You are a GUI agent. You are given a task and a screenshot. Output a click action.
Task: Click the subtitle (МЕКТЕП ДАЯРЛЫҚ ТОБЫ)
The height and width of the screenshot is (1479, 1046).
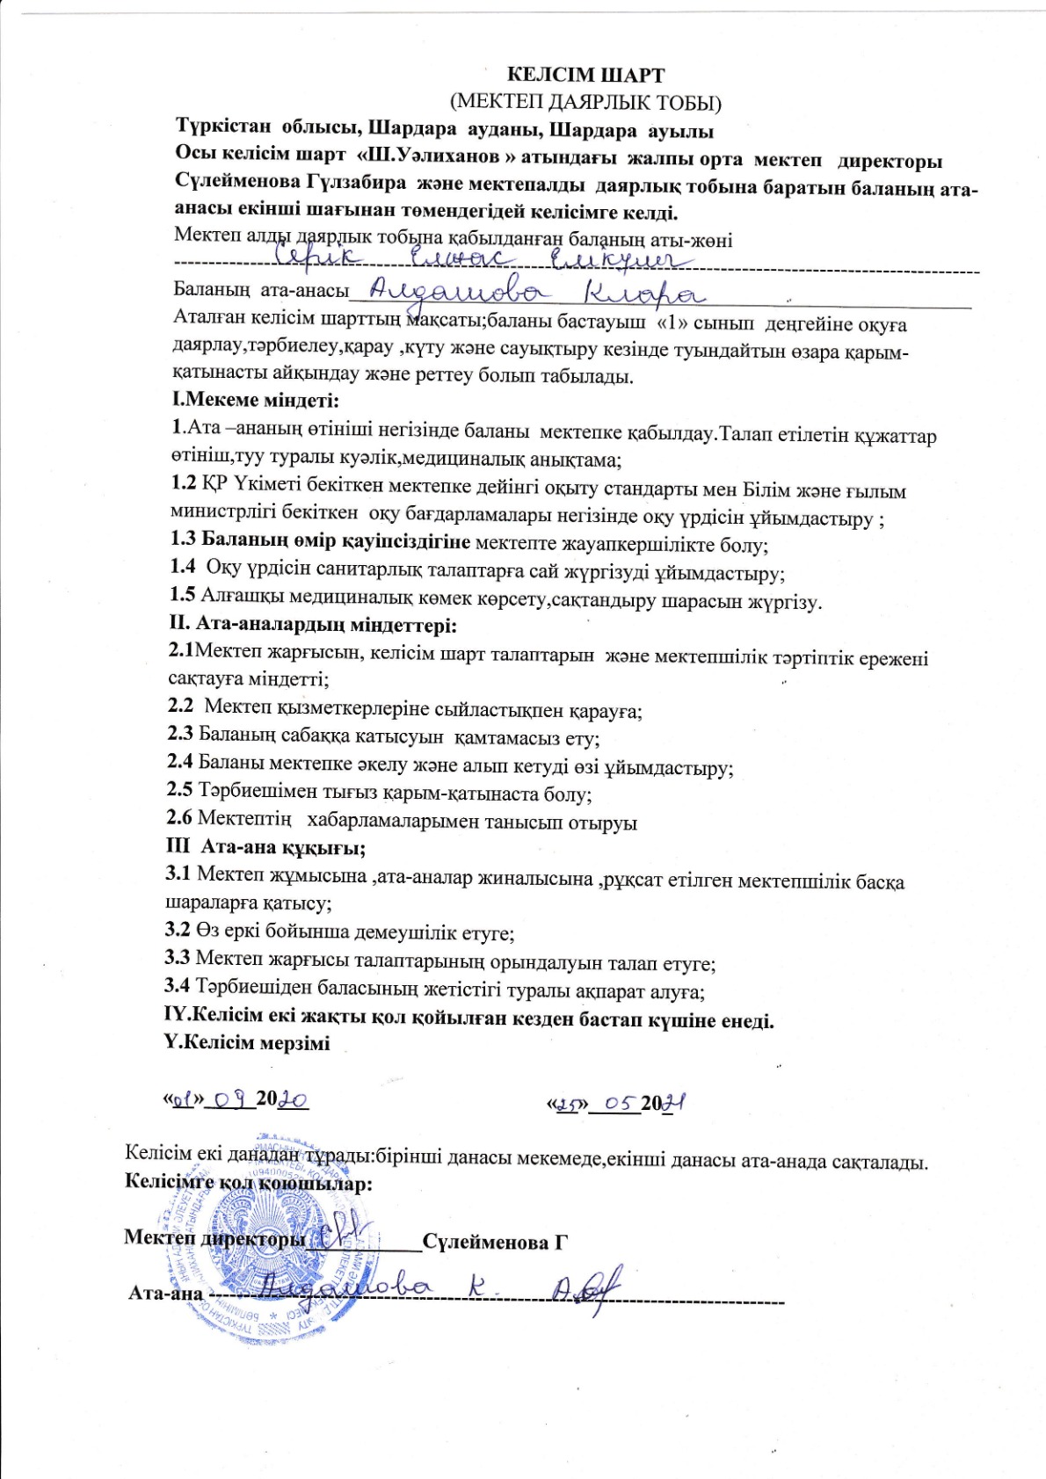click(585, 102)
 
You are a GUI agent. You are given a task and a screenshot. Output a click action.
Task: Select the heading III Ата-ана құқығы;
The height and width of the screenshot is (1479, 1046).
click(265, 848)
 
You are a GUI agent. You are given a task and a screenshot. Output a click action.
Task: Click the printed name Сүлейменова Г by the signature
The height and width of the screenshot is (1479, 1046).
click(495, 1242)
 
